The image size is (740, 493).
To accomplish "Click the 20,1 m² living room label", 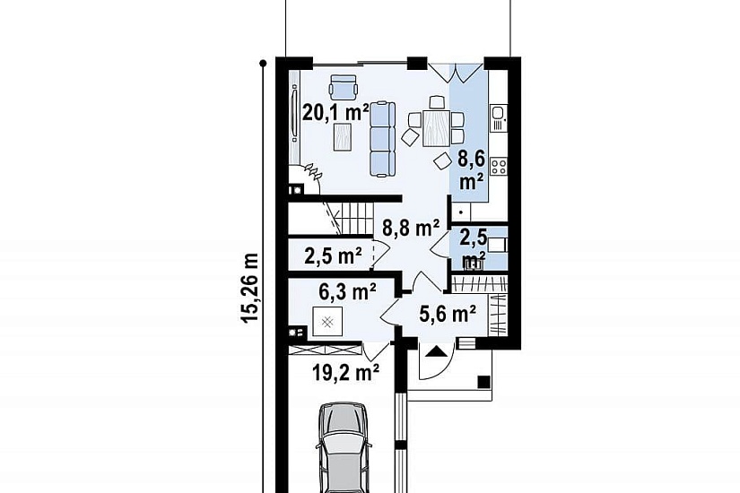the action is pos(335,113).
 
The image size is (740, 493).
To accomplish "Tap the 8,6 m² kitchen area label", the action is pos(472,170).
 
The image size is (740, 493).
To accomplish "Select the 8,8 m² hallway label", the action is pos(411,229).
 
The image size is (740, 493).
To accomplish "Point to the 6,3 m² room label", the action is pos(347,292).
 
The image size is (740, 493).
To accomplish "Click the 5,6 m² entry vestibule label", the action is pos(447,313).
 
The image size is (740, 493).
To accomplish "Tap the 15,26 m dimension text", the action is pos(250,289).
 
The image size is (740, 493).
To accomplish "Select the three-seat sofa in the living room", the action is pos(382,140).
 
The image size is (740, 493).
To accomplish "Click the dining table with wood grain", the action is pos(436,127).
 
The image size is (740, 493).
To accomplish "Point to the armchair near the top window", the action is pos(343,87).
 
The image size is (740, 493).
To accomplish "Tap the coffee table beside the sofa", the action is pos(343,136).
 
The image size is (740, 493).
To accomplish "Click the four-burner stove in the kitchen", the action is pos(499,166).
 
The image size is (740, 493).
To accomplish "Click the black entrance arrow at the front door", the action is pos(436,351).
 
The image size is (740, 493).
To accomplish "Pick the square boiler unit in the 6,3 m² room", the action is pos(327,322).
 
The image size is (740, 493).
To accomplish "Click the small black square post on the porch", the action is pos(483,381).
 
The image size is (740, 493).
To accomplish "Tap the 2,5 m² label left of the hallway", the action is pos(333,256).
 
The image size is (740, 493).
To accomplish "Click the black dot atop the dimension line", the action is pos(264,63).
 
